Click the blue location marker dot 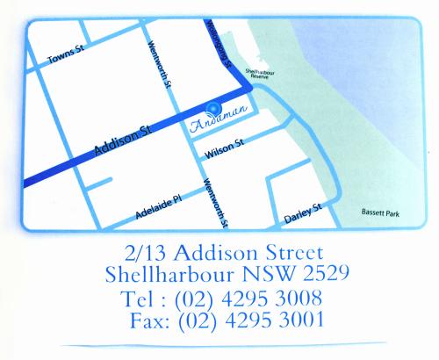coord(212,110)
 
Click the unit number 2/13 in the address coord(146,253)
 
